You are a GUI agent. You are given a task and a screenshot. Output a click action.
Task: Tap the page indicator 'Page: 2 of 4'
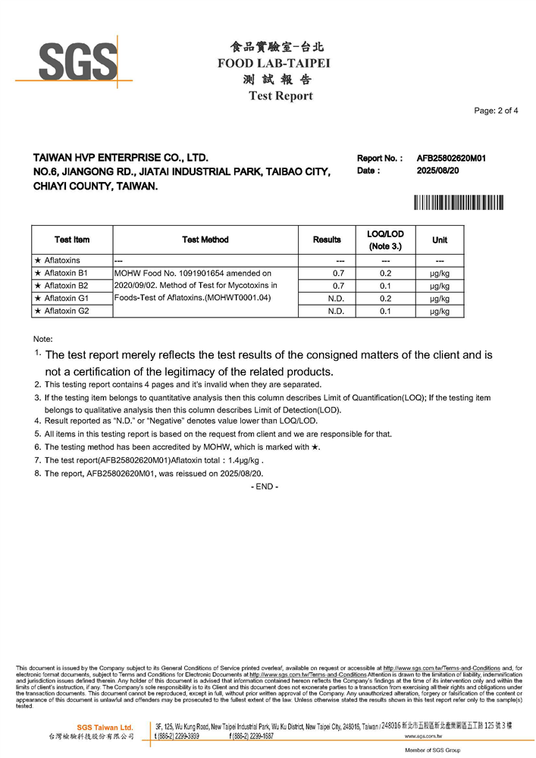click(x=496, y=111)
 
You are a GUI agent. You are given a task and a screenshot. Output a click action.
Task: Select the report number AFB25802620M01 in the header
click(x=450, y=158)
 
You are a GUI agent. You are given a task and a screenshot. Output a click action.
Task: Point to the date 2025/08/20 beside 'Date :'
click(x=439, y=171)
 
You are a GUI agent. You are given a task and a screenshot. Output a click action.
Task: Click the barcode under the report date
click(x=458, y=202)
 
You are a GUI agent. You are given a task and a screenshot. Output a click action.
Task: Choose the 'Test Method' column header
click(x=205, y=240)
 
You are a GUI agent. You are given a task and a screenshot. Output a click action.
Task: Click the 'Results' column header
click(x=327, y=240)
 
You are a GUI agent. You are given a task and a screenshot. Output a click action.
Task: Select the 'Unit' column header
click(x=439, y=240)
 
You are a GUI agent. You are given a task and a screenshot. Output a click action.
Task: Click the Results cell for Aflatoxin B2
click(x=339, y=286)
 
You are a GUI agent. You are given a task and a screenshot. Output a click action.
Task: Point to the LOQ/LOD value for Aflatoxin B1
click(x=384, y=273)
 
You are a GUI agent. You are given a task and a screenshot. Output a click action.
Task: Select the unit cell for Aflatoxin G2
click(x=439, y=311)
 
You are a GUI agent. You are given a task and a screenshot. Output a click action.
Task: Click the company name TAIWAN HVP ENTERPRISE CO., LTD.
click(x=120, y=158)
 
